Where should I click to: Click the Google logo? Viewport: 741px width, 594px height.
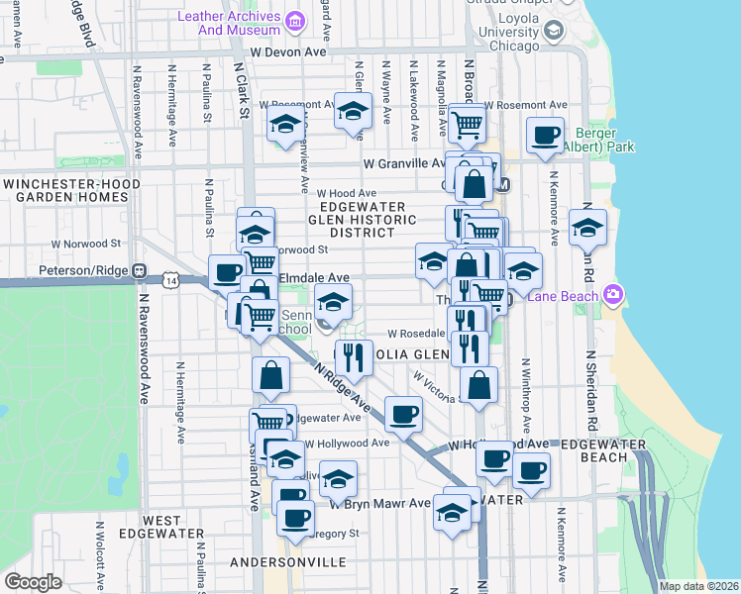[x=33, y=581]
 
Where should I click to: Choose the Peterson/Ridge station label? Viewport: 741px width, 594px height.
[x=85, y=269]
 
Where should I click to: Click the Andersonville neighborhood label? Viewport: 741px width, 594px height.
[x=287, y=562]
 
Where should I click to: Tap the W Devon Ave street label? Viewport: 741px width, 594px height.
[x=288, y=50]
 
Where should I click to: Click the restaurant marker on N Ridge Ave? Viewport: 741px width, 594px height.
[x=354, y=356]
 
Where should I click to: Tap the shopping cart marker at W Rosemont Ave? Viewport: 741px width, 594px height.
[x=467, y=124]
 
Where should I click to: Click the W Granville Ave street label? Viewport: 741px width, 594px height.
[x=405, y=163]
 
